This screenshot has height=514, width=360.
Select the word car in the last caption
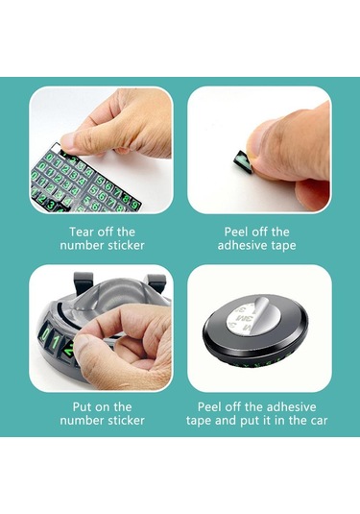pos(319,420)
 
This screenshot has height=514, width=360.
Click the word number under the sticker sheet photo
pos(82,245)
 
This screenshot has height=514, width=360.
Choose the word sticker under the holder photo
pos(126,420)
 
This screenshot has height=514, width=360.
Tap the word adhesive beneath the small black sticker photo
pos(240,245)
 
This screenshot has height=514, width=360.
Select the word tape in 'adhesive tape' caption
pos(281,246)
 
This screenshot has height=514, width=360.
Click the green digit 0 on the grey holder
pos(44,334)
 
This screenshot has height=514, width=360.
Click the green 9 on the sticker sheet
pos(135,205)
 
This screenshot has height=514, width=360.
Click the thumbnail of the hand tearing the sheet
pos(101,150)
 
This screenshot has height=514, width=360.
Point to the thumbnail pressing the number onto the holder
pos(101,329)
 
